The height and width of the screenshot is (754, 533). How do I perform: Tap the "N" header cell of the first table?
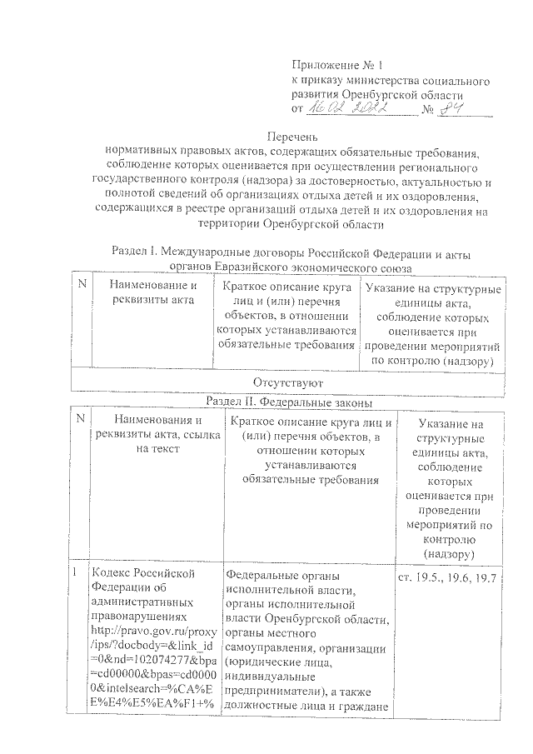(82, 286)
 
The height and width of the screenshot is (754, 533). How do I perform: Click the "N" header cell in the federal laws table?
(78, 422)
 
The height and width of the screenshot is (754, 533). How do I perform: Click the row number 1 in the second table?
(75, 573)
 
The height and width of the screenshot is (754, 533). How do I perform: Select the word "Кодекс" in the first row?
(115, 573)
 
